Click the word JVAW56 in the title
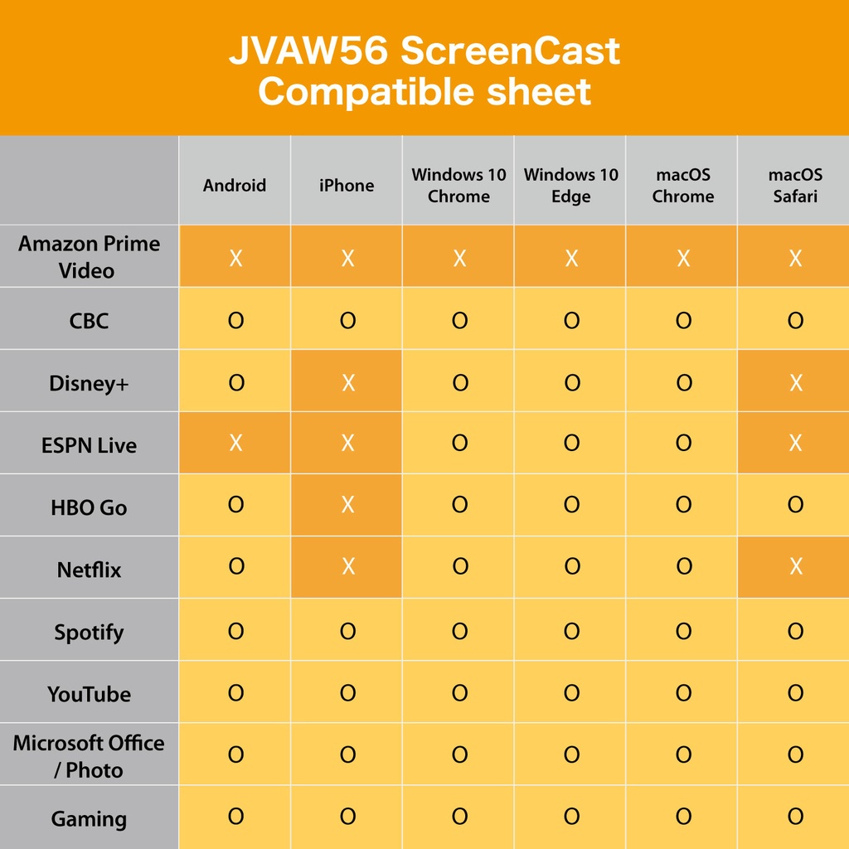[308, 51]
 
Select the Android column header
[235, 185]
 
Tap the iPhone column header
[347, 185]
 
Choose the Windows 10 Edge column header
[570, 185]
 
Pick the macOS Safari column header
[795, 185]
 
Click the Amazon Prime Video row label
[89, 256]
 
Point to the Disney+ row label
[89, 383]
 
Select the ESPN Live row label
[89, 445]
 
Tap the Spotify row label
[89, 632]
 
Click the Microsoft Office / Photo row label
[89, 756]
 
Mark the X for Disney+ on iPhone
[347, 382]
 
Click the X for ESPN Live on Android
[235, 443]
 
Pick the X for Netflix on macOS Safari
[795, 566]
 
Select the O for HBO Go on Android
[235, 504]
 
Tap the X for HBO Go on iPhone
[347, 505]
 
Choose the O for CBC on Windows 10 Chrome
[459, 320]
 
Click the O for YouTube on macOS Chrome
[683, 692]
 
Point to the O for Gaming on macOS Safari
[795, 817]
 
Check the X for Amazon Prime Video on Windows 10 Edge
[571, 259]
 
